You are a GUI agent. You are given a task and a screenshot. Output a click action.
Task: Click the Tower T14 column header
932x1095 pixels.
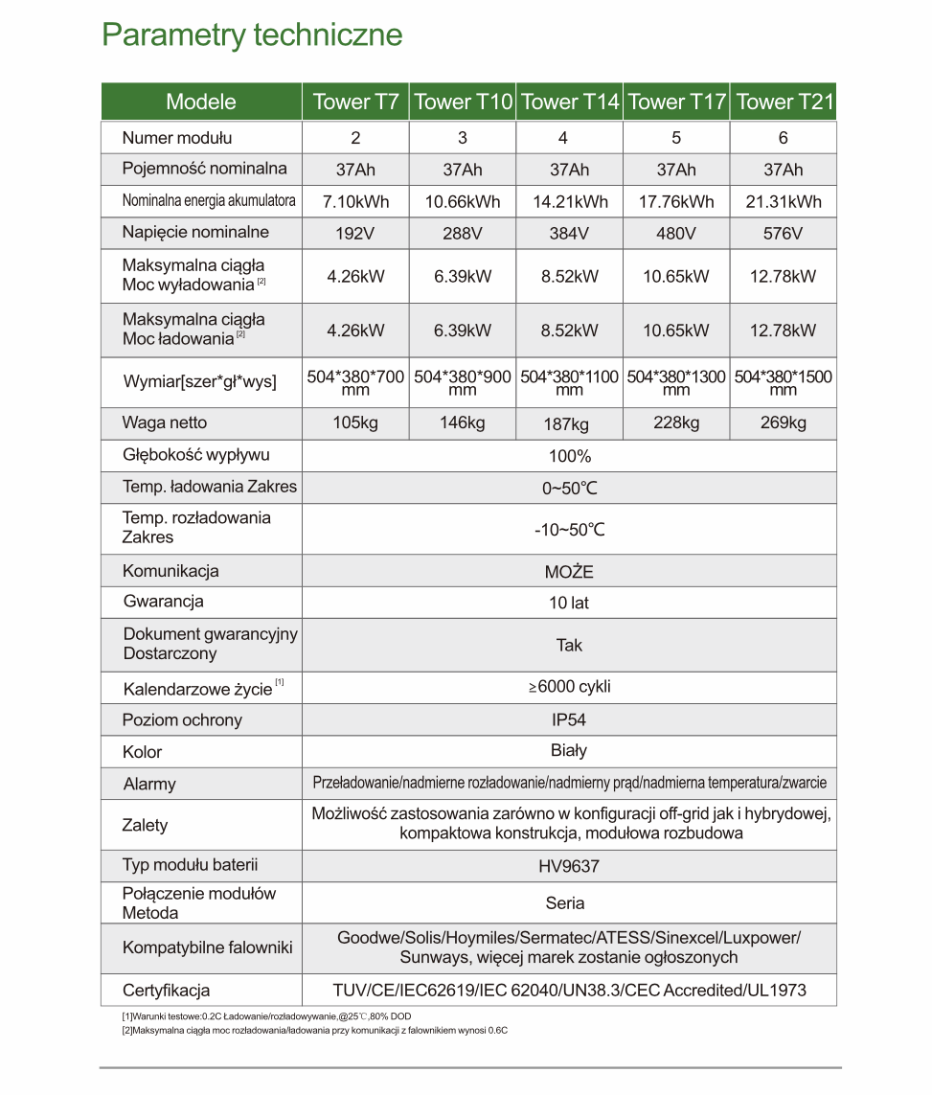click(570, 102)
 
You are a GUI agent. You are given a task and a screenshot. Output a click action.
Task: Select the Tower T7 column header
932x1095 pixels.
click(355, 102)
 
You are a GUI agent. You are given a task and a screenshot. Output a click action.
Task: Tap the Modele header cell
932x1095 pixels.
click(201, 102)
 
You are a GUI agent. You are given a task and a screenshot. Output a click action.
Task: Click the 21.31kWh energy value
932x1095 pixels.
click(784, 201)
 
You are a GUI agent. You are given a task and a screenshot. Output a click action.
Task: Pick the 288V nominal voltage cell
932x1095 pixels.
click(463, 233)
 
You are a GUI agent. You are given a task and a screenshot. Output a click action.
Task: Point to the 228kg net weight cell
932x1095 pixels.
click(676, 423)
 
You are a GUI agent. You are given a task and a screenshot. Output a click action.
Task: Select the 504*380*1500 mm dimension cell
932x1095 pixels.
click(784, 382)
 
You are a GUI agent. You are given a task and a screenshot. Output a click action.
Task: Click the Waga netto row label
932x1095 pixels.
click(165, 422)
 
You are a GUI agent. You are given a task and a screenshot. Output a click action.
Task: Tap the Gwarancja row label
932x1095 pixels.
click(164, 602)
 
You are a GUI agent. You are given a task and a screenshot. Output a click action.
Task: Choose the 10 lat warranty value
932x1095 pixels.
click(569, 603)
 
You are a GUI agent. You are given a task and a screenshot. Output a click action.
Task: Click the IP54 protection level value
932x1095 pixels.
click(569, 719)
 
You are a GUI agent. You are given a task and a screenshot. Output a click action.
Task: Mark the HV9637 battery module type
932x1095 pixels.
click(569, 866)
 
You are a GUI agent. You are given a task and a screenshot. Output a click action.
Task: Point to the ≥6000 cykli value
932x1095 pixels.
click(569, 687)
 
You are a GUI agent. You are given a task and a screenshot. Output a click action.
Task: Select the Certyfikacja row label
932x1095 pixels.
click(167, 991)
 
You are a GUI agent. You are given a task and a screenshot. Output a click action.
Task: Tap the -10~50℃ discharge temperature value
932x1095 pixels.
click(569, 530)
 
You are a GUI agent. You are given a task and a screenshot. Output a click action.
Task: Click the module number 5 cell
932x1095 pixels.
click(676, 138)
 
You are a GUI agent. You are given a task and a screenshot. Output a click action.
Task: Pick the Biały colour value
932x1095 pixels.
click(569, 751)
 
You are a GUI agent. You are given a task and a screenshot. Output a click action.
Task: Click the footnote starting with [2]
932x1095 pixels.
click(314, 1031)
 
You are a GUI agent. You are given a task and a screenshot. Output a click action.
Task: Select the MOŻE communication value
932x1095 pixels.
click(569, 572)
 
